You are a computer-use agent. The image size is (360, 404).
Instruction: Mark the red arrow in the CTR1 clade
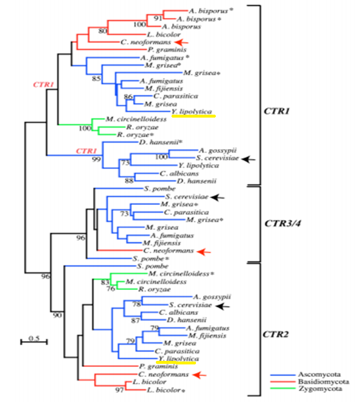pyautogui.click(x=181, y=42)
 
